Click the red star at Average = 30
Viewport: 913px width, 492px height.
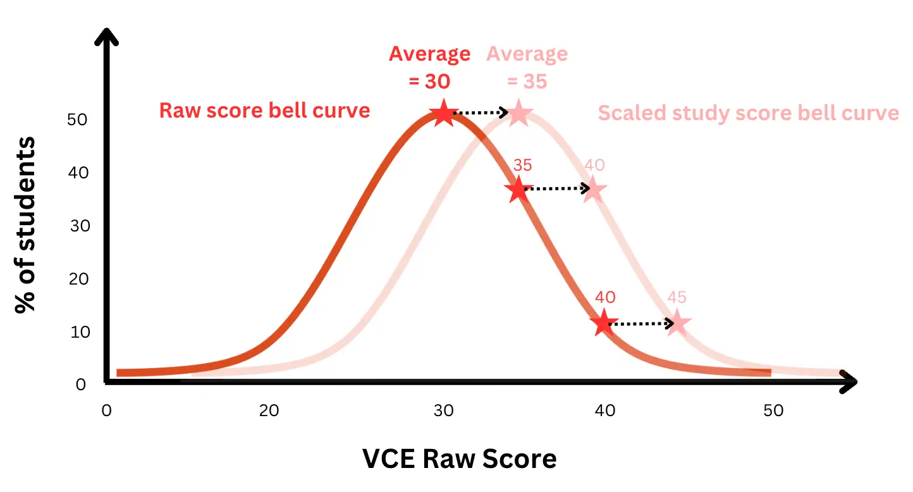(443, 114)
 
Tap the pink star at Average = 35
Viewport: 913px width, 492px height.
(518, 114)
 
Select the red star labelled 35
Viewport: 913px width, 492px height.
(518, 189)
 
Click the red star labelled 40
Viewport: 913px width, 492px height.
(604, 323)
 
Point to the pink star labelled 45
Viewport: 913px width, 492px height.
(677, 323)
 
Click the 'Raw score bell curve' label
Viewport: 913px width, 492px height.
(264, 111)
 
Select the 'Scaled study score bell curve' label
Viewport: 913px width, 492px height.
(748, 113)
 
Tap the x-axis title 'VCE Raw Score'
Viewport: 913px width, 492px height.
(460, 458)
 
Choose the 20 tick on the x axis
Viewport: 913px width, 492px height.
(269, 410)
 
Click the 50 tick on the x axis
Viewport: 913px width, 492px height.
(773, 410)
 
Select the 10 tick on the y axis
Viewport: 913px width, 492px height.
(80, 331)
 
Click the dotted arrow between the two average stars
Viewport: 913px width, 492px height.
(481, 113)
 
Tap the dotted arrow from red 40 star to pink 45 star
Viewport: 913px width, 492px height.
(641, 324)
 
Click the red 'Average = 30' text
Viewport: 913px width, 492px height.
(429, 68)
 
